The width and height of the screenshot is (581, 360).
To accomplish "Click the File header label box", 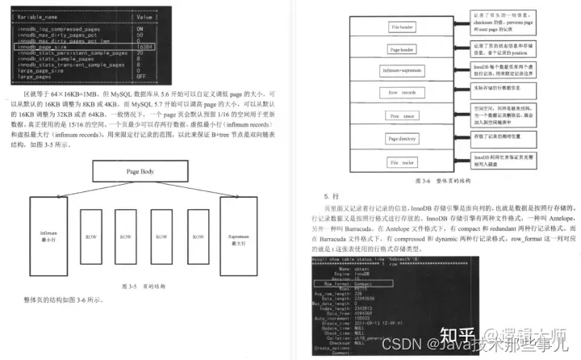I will coord(402,25).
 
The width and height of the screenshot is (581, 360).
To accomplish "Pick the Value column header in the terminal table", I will coord(144,16).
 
